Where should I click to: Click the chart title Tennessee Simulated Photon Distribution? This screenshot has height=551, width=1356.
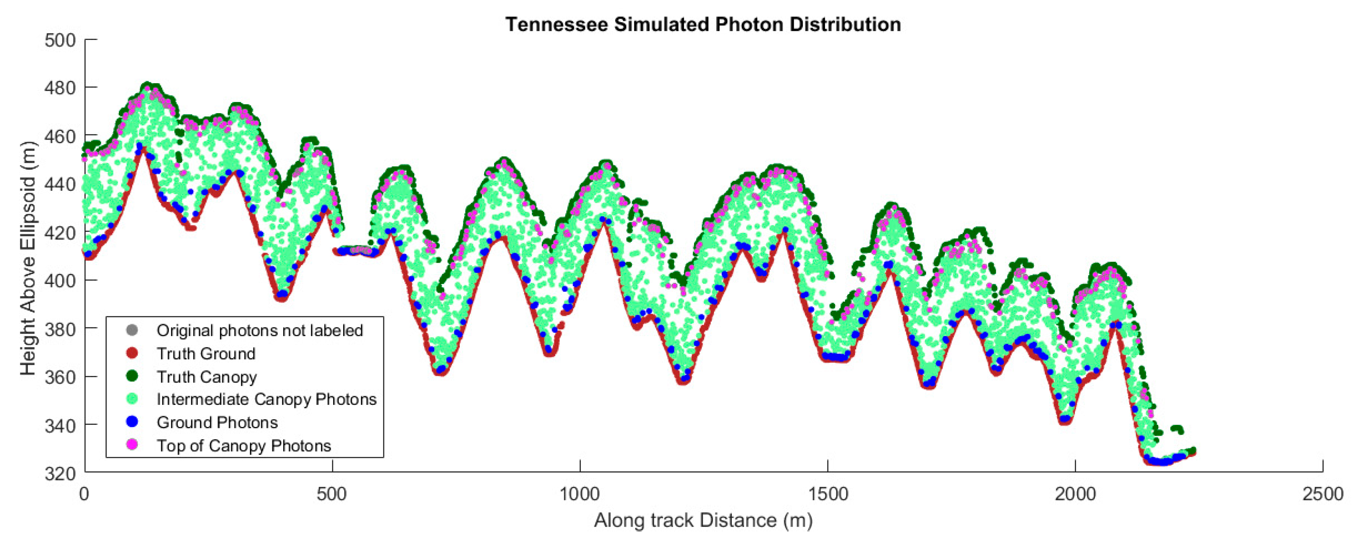click(703, 25)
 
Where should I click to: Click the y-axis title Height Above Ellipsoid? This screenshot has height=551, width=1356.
click(28, 258)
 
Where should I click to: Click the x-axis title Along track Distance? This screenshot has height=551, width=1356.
click(703, 520)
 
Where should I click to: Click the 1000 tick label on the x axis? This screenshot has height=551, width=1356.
click(580, 494)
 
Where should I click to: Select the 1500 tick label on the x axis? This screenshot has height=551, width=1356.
click(828, 494)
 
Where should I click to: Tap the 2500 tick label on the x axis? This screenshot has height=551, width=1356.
click(1322, 494)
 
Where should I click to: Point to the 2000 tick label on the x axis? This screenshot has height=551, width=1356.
click(1075, 494)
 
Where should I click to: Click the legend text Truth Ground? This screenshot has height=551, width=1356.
click(206, 354)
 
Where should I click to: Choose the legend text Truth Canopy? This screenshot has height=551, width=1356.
click(207, 377)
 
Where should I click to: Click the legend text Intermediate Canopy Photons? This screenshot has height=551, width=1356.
click(266, 399)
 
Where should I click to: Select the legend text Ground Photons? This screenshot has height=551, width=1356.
click(217, 423)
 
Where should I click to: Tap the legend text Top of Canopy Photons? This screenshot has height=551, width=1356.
click(244, 446)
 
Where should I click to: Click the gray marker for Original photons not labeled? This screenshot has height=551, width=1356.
click(132, 330)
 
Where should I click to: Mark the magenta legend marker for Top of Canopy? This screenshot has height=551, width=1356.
click(132, 445)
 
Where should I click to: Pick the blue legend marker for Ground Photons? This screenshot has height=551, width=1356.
click(132, 422)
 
